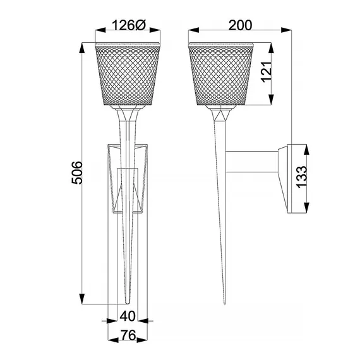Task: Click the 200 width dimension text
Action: pyautogui.click(x=241, y=25)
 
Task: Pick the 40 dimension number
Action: pyautogui.click(x=127, y=315)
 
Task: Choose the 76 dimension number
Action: pyautogui.click(x=127, y=336)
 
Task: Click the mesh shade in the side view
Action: pyautogui.click(x=220, y=75)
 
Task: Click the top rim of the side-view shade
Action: pyautogui.click(x=220, y=44)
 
